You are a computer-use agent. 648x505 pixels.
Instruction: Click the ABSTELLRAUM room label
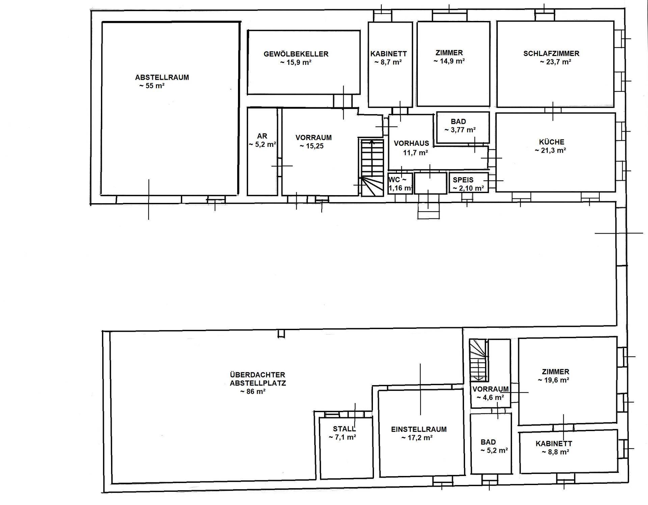coord(162,77)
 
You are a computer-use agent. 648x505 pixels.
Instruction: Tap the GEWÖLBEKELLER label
coord(296,54)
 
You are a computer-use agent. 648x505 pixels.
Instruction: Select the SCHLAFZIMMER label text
coord(551,53)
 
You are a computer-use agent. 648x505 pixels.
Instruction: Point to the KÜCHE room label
coord(551,142)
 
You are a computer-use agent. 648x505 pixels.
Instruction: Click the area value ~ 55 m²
coord(152,86)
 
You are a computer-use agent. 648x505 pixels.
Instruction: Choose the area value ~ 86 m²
coord(252,392)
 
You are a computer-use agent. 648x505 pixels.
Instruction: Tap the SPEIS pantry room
coord(469,183)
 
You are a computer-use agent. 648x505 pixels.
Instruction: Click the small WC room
coord(400,183)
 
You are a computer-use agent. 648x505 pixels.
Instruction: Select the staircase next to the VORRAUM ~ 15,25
coord(373,167)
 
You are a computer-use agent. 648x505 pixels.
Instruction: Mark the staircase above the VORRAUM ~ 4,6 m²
coord(479,361)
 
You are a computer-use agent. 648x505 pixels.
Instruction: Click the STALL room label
coord(344,429)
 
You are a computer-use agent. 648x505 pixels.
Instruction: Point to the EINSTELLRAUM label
coord(419,429)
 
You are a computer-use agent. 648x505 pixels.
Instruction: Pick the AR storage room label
coord(262,136)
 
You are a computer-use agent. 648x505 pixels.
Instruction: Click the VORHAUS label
coord(411,143)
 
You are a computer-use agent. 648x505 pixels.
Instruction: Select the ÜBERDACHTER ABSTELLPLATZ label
coord(258,379)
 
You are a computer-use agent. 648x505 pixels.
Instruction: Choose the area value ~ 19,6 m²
coord(554,380)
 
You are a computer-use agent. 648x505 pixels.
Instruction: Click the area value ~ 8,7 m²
coord(388,62)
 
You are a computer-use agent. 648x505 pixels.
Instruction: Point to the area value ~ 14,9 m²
coord(449,61)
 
